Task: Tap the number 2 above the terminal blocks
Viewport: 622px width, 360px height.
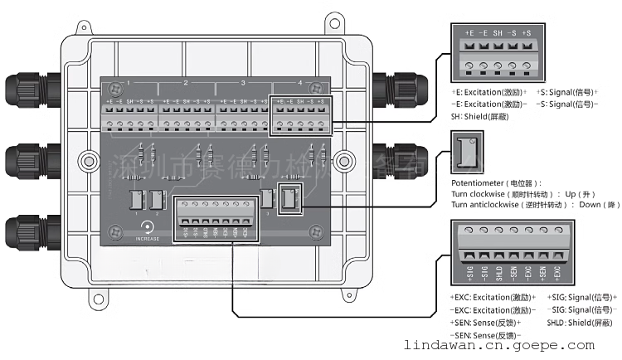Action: (185, 83)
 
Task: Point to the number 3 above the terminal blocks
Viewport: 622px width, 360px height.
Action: (243, 83)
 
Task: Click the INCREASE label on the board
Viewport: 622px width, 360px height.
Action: (148, 239)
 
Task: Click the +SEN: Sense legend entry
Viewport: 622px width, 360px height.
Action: (491, 319)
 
